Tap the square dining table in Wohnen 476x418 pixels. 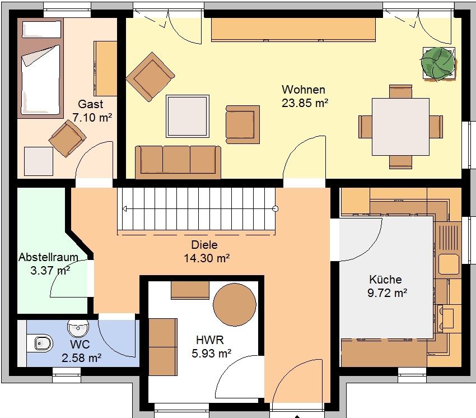click(401, 127)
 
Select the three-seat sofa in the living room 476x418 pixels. click(178, 162)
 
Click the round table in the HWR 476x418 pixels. click(234, 305)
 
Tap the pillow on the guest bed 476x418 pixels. click(42, 30)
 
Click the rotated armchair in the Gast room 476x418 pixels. click(67, 138)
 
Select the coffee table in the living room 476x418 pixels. click(187, 116)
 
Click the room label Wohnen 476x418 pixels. click(304, 90)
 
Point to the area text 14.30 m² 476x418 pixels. click(207, 258)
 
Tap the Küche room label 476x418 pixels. click(385, 279)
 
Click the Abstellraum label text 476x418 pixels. click(48, 257)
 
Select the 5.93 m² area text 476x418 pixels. click(211, 354)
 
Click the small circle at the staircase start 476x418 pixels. click(276, 208)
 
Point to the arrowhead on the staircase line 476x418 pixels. click(124, 208)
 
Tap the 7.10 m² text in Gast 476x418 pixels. click(92, 117)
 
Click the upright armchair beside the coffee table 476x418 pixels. click(242, 124)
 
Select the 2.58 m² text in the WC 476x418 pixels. click(81, 358)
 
